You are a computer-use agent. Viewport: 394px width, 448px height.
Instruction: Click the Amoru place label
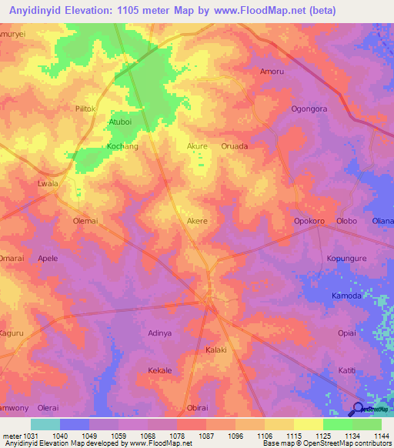click(x=272, y=72)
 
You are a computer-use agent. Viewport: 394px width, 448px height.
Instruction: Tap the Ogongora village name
click(x=309, y=109)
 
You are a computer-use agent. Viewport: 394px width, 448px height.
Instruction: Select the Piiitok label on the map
click(x=85, y=109)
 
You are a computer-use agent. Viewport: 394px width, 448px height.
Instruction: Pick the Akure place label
click(x=198, y=145)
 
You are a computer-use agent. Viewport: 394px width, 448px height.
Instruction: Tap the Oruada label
click(x=234, y=145)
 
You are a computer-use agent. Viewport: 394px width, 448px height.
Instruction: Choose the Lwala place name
click(x=48, y=184)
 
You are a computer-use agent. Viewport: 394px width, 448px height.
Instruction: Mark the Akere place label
click(x=197, y=221)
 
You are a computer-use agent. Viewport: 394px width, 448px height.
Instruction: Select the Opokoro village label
click(x=309, y=221)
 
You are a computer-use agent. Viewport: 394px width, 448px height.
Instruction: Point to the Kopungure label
click(x=346, y=259)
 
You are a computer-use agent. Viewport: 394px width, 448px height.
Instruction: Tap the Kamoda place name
click(x=346, y=296)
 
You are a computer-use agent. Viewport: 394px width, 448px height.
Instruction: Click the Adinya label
click(x=159, y=333)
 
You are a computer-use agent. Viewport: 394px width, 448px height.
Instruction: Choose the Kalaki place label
click(x=215, y=350)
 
